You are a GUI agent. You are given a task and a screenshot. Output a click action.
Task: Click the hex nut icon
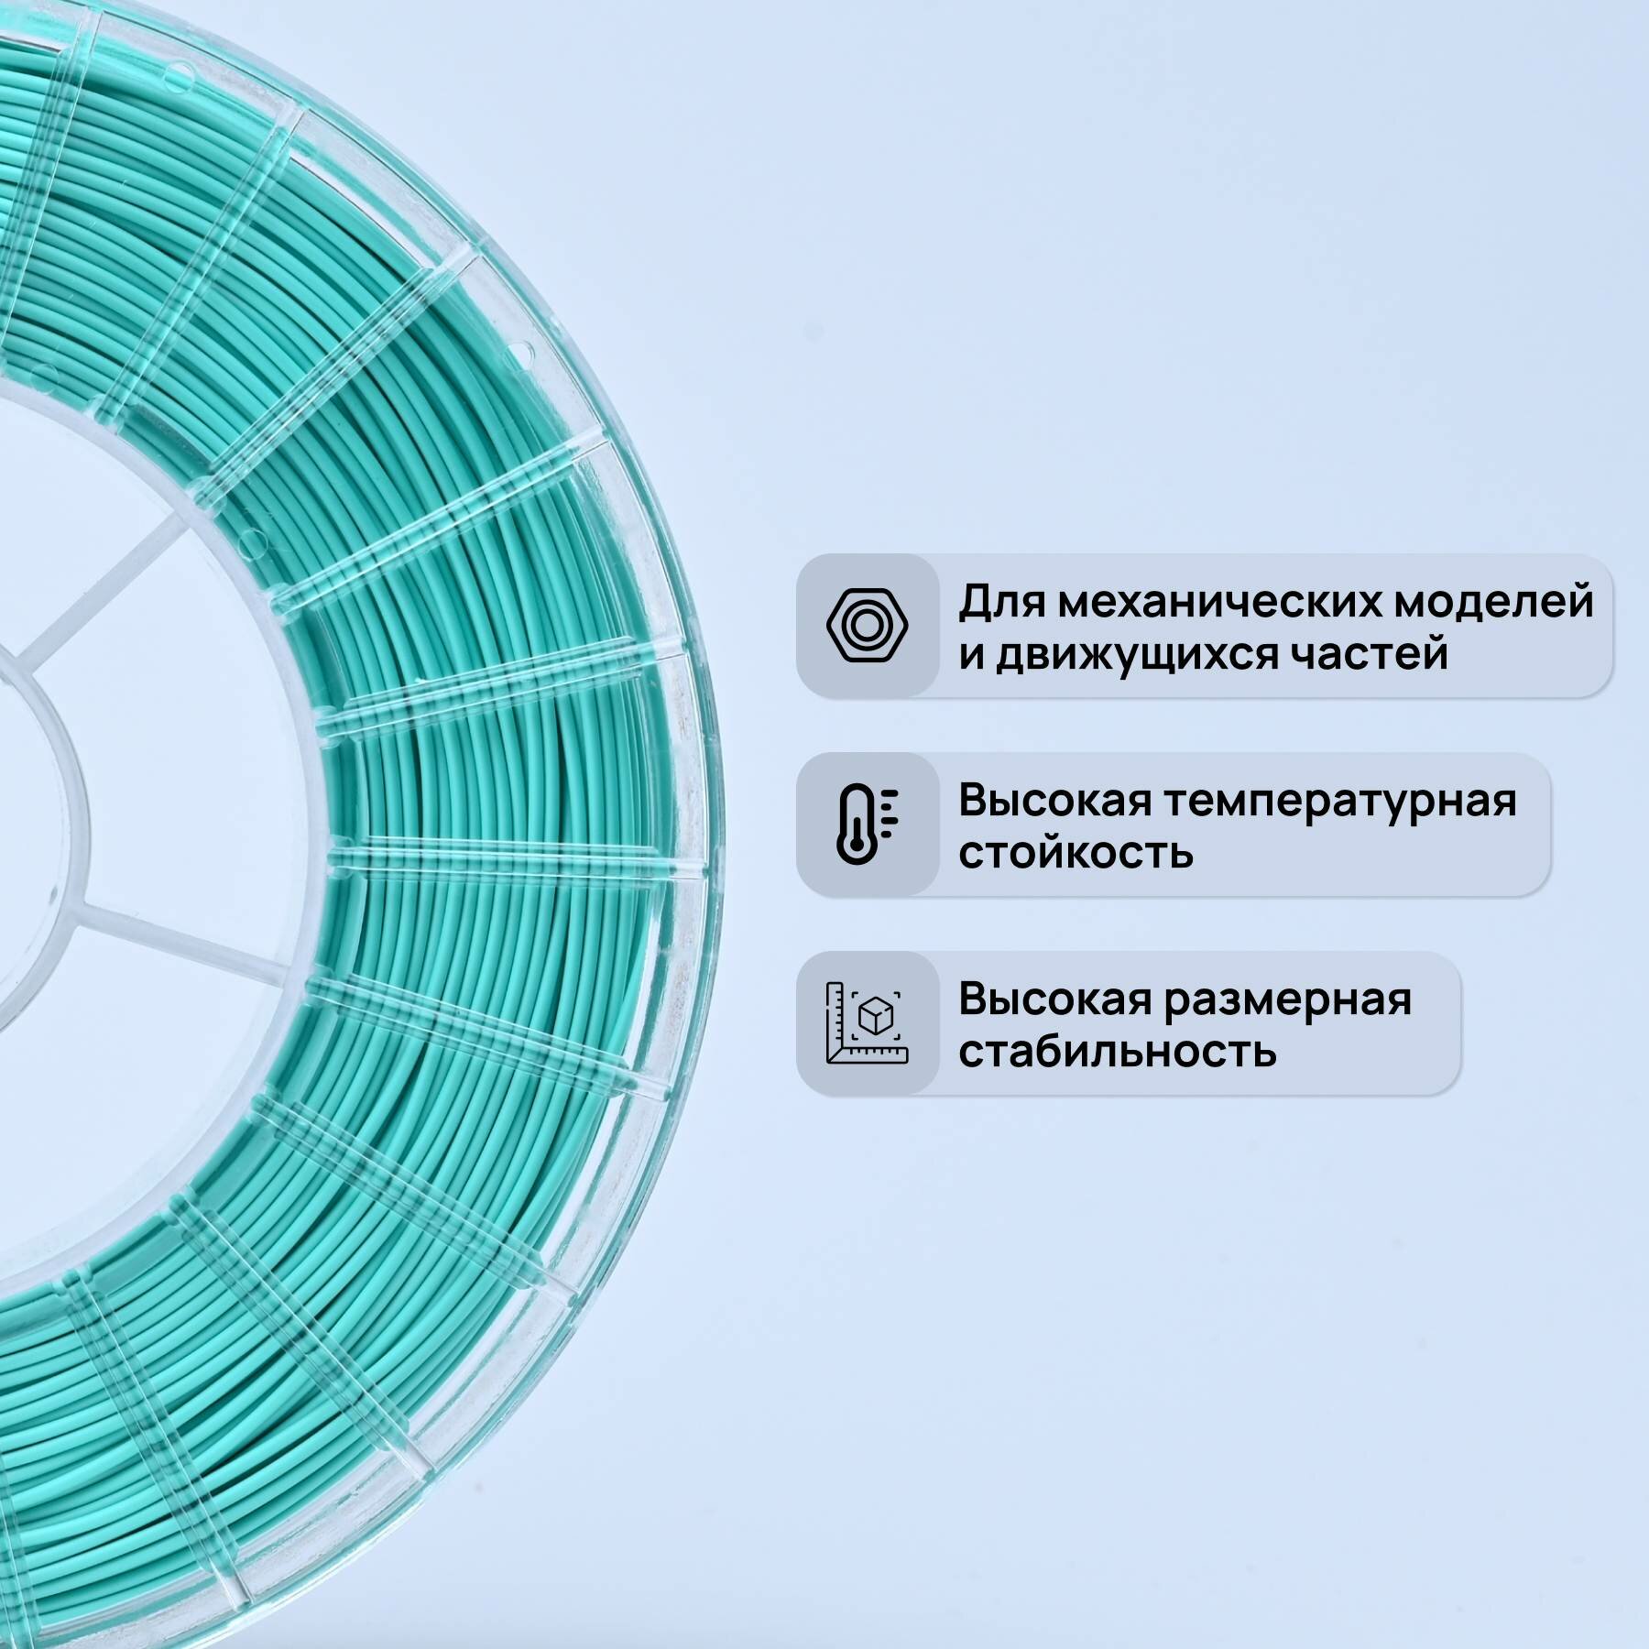coord(867,625)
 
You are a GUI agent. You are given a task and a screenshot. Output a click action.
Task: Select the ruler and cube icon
coord(867,1022)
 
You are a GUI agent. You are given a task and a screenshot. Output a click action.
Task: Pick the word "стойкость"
coord(1076,853)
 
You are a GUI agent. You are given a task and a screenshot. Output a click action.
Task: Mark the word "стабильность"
coord(1117,1051)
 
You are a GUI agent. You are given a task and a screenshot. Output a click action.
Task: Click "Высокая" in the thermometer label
coord(1054,800)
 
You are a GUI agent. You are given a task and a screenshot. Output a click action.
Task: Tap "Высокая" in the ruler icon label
coord(1054,999)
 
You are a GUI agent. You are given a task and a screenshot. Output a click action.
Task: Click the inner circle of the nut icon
coord(867,625)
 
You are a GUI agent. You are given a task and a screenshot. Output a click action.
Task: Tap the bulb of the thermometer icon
coord(854,848)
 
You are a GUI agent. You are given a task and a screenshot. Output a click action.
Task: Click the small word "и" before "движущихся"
coord(971,656)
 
